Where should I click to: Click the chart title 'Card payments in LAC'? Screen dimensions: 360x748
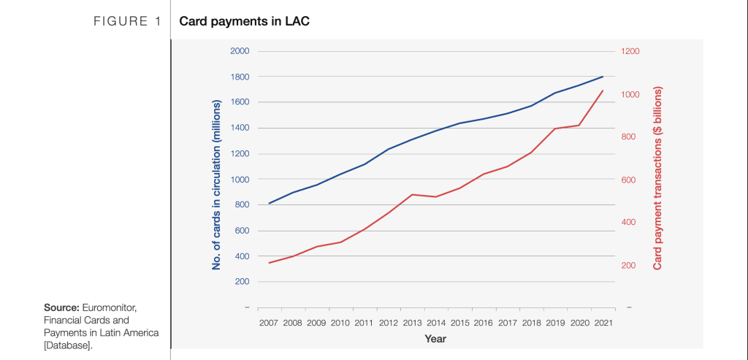240,21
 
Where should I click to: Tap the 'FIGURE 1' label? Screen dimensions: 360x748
126,21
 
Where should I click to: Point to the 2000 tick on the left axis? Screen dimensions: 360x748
240,51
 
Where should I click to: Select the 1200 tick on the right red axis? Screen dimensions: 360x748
630,51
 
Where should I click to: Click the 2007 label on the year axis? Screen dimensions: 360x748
269,322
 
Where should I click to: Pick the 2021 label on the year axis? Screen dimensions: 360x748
603,322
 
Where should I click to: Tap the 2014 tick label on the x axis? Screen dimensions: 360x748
435,322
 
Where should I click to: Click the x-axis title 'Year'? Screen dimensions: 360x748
435,339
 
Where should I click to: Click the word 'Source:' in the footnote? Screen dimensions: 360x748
61,307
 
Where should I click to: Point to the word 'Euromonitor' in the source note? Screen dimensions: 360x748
109,307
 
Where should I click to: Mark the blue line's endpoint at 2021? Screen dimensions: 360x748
603,77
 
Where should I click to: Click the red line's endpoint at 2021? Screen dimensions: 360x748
603,91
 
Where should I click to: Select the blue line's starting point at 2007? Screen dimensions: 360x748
269,203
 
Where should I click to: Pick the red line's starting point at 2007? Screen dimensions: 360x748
269,263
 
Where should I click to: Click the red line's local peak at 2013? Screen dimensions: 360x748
412,194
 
